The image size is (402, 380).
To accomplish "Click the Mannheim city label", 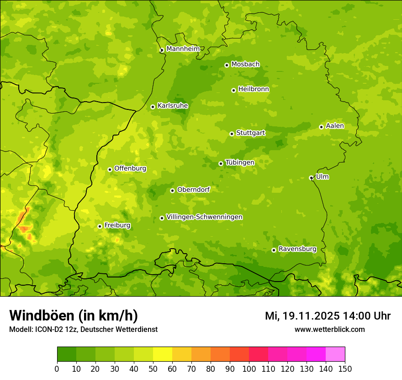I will [x=183, y=49].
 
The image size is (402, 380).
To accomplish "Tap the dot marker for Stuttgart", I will [x=232, y=134].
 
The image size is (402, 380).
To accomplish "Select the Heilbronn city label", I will [x=254, y=89].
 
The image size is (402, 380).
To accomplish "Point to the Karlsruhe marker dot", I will [x=153, y=107].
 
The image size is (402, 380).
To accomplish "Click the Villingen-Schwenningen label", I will [x=204, y=217].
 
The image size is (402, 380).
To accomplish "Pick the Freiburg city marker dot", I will [x=100, y=226].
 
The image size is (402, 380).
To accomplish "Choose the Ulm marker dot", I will [x=311, y=178].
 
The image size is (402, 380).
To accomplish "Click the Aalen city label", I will [x=334, y=125].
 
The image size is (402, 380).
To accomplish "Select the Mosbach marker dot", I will [x=227, y=65].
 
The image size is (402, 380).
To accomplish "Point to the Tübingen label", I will [x=239, y=162].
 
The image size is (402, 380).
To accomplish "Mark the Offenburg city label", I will [x=130, y=168].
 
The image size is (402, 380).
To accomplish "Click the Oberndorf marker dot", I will [x=172, y=190].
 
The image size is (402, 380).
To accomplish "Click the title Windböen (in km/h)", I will [x=74, y=315].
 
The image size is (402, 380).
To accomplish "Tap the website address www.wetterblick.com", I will [x=329, y=329].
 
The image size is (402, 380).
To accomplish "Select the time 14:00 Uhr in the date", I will [x=366, y=316].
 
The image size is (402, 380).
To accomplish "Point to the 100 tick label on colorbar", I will [x=249, y=369].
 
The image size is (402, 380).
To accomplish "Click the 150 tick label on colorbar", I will [x=344, y=369].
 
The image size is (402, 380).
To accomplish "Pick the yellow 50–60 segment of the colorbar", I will [x=163, y=354].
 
